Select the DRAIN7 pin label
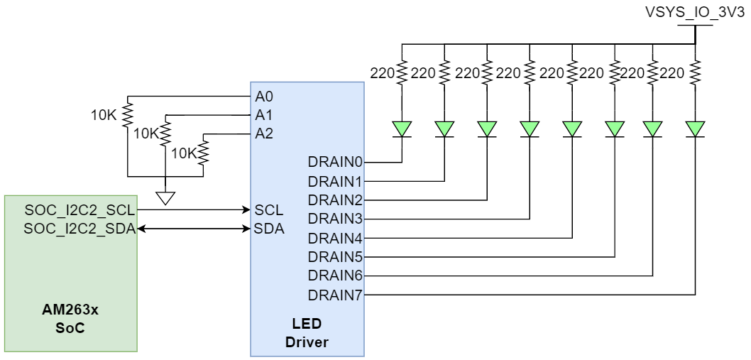pos(336,293)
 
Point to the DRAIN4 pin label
pos(336,237)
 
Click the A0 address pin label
pos(262,95)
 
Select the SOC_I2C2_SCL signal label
pos(80,210)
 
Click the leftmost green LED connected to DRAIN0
pos(402,129)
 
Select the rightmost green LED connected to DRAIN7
pos(695,129)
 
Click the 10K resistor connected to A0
pos(128,113)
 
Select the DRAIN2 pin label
pos(336,200)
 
